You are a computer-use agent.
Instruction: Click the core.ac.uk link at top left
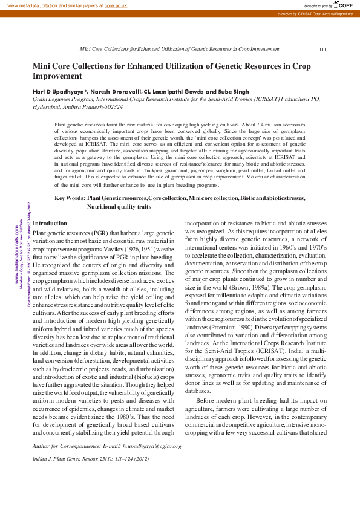(x=117, y=5)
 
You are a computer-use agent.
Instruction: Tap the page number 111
(x=322, y=49)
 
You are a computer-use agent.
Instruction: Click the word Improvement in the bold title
(x=57, y=76)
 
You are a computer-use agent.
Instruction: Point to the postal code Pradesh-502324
(x=99, y=106)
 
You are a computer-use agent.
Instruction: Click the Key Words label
(x=70, y=198)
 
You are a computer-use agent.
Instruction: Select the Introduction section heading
(x=50, y=223)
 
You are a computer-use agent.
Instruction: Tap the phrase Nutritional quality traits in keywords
(x=119, y=207)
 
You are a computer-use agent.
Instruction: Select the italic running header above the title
(x=180, y=49)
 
